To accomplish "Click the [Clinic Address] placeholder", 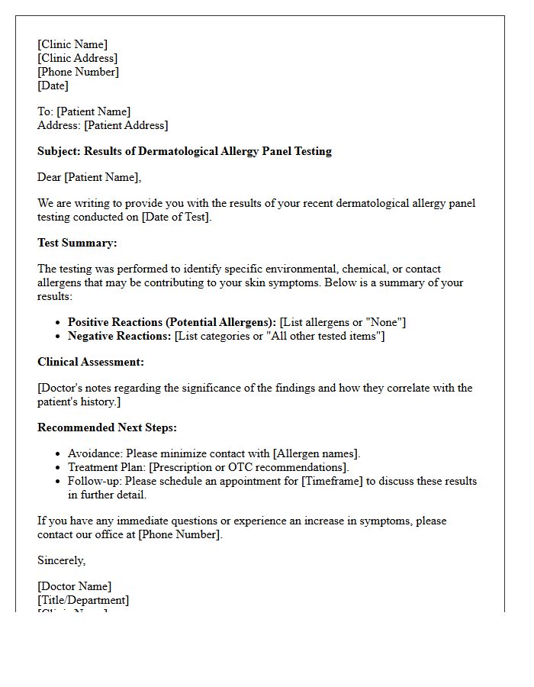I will pyautogui.click(x=77, y=58).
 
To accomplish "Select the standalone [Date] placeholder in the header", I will pyautogui.click(x=53, y=85).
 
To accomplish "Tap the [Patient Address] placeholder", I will pyautogui.click(x=126, y=125).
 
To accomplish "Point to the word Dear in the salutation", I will pyautogui.click(x=49, y=177).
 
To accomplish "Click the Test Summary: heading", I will pyautogui.click(x=77, y=243).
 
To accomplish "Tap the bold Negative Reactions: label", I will pyautogui.click(x=119, y=336).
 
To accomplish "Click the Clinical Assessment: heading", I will pyautogui.click(x=91, y=362).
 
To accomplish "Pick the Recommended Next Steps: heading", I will pyautogui.click(x=107, y=427).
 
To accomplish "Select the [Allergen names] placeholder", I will pyautogui.click(x=316, y=453).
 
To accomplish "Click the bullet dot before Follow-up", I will pyautogui.click(x=59, y=481).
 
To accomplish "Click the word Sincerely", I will pyautogui.click(x=61, y=560).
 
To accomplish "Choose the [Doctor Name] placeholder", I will pyautogui.click(x=74, y=586).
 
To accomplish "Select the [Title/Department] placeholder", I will pyautogui.click(x=83, y=600).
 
